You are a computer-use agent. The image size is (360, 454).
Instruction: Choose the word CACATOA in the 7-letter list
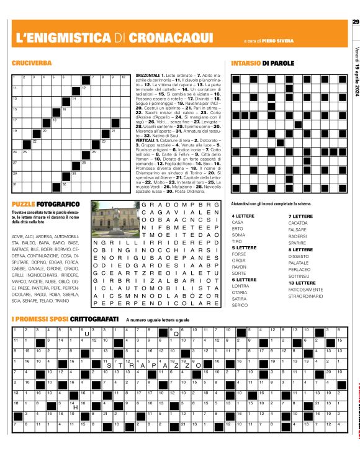[x=300, y=239]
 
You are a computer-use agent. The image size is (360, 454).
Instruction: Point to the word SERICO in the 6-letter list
[x=240, y=305]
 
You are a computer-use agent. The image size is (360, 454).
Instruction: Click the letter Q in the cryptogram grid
[x=177, y=333]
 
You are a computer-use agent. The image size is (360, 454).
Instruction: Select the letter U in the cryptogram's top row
[x=87, y=333]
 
